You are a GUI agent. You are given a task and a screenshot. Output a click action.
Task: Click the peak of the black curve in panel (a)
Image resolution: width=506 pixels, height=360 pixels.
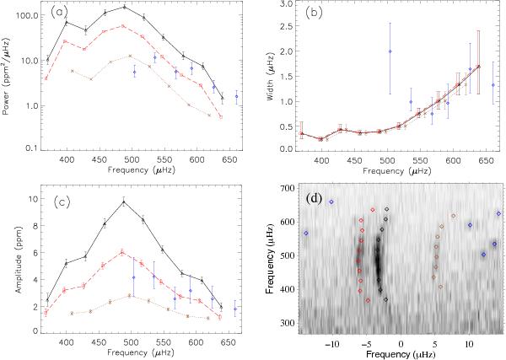point(124,7)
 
